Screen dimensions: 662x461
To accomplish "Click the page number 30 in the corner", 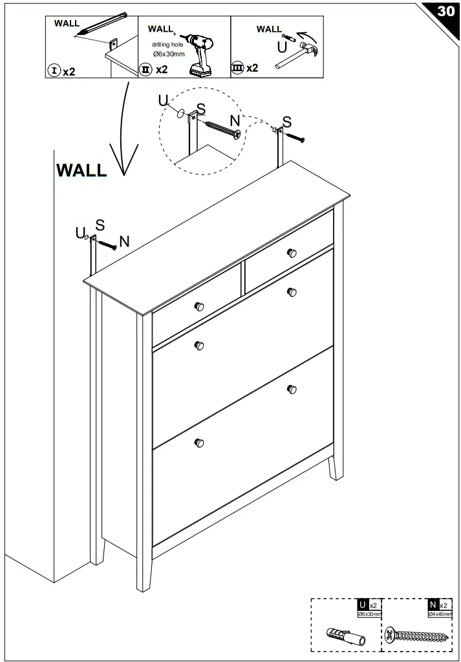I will pos(445,12).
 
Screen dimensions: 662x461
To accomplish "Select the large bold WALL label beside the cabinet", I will pos(81,170).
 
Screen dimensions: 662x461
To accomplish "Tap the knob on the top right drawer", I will pos(292,252).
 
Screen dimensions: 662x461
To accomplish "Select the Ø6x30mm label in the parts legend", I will pos(370,613).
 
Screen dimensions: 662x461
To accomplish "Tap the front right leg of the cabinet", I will pos(334,467).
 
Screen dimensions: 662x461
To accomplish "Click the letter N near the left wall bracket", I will pos(124,241).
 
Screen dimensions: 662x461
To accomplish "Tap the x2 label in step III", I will pos(252,68).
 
